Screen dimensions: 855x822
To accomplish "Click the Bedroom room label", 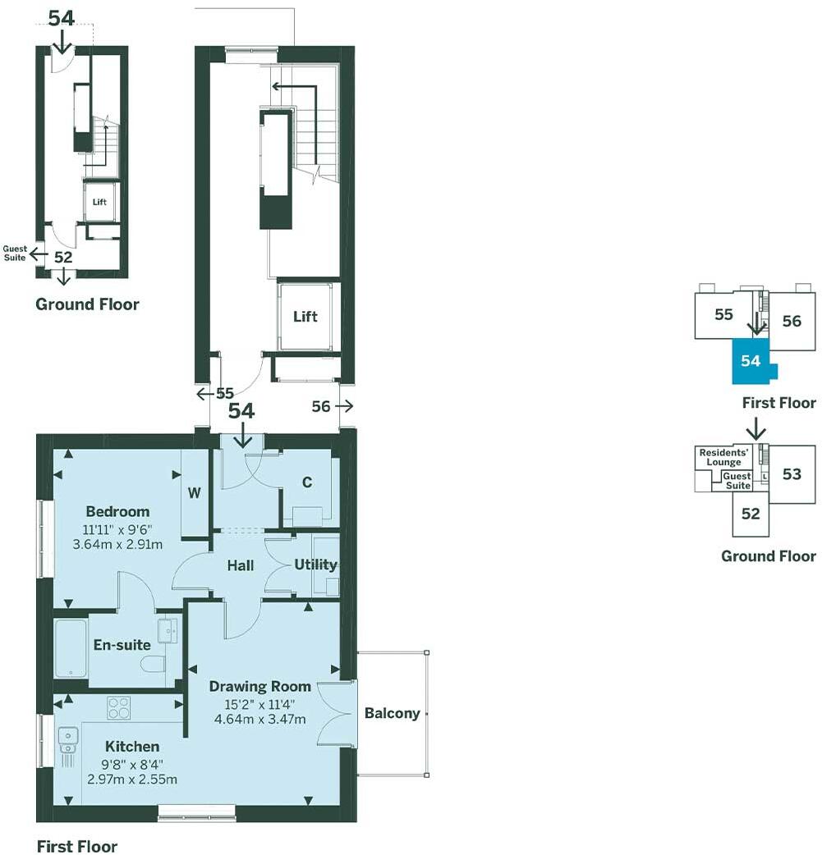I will pos(117,512).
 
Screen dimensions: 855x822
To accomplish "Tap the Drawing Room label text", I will pos(259,687).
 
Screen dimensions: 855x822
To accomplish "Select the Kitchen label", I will pos(131,747).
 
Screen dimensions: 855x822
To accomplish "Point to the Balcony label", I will pos(392,714).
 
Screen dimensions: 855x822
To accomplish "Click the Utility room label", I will pos(315,565).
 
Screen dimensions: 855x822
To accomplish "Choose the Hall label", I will pos(240,565).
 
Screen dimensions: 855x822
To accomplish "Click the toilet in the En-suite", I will pos(154,664).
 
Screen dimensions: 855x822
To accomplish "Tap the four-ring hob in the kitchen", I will pos(119,708).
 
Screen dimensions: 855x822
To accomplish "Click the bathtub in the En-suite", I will pos(70,648).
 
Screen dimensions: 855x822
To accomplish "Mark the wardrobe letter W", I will pos(194,493).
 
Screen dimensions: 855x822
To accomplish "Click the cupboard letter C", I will pos(306,483).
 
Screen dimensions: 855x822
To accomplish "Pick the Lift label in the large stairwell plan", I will pos(305,317).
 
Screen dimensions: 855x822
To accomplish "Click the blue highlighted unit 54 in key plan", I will pos(750,361).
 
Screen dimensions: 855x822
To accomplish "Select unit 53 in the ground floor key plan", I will pos(791,474).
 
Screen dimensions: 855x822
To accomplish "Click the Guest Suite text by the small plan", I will pos(15,253).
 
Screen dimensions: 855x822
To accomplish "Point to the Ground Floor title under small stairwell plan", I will pos(87,304).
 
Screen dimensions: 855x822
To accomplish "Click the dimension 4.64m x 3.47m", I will pos(259,720).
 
